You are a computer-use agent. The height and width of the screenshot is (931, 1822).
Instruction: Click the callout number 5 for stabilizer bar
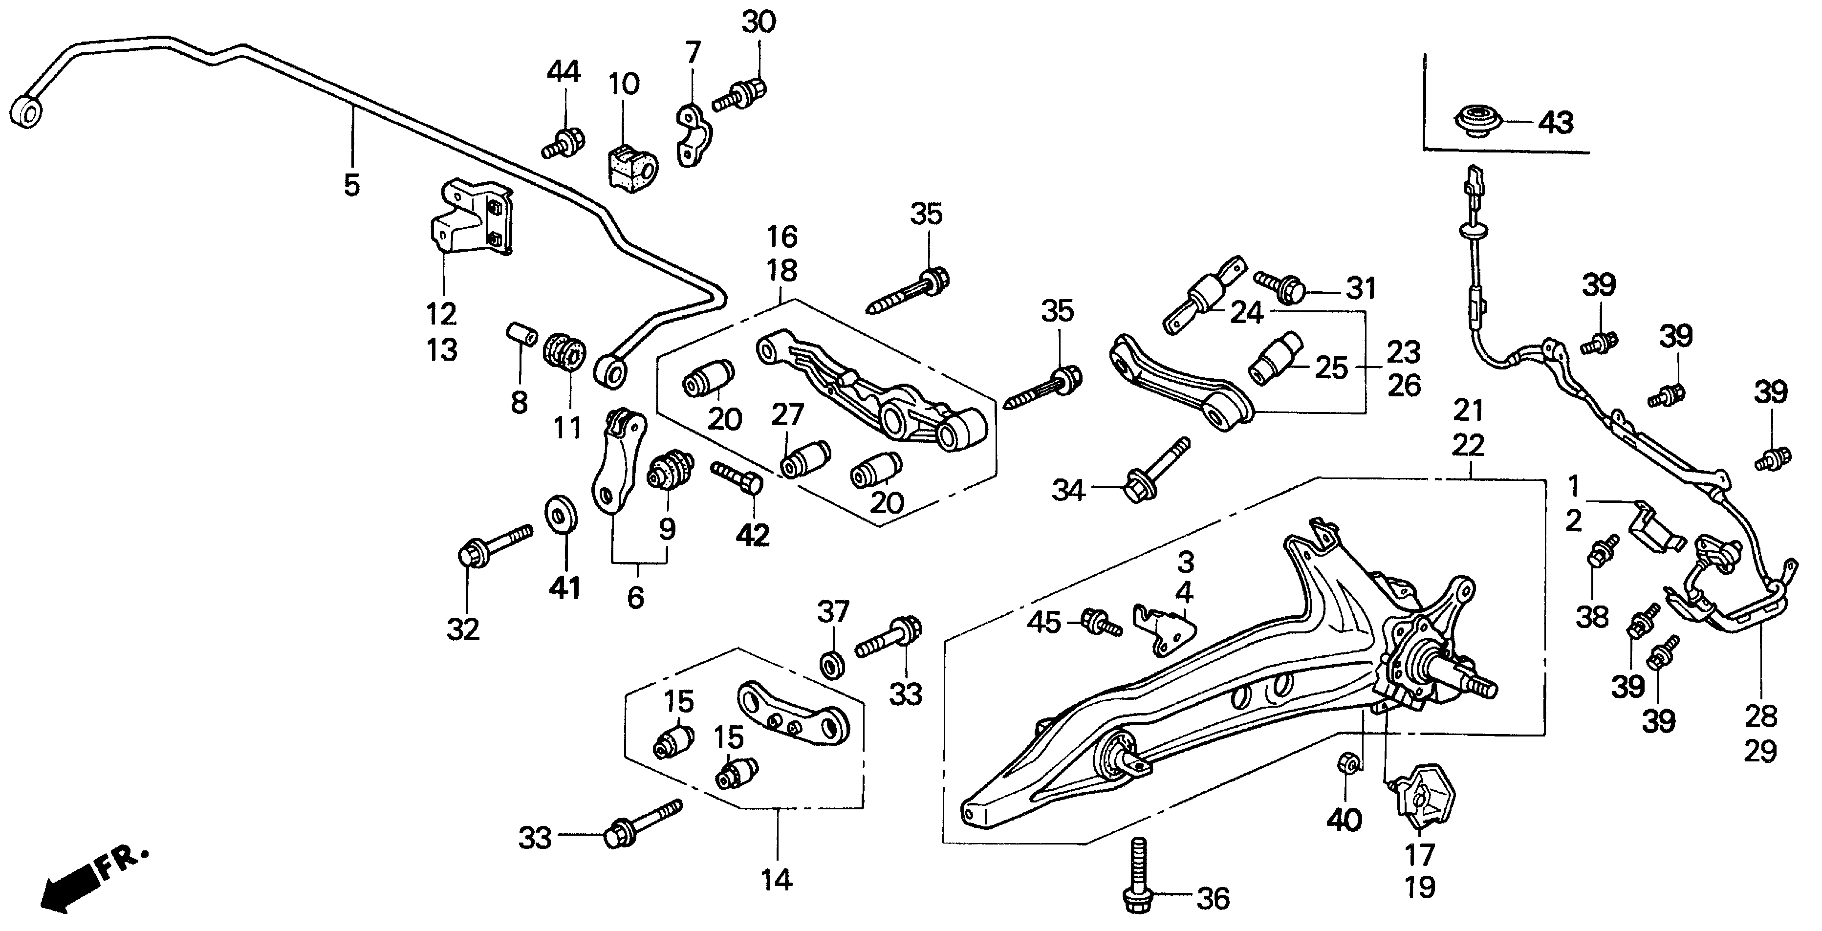[351, 185]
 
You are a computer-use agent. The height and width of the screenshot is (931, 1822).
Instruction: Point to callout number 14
[776, 881]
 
